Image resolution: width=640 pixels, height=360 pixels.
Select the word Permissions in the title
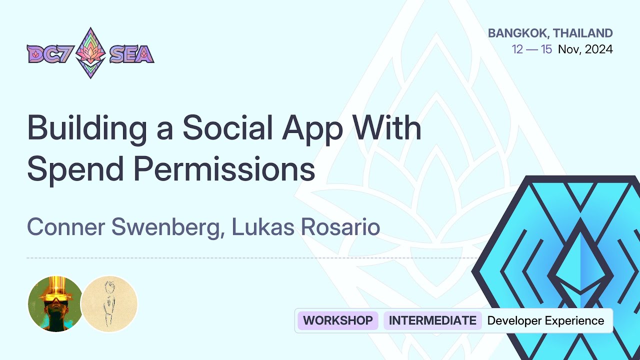coord(225,170)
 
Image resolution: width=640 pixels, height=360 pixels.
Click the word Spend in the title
coord(75,170)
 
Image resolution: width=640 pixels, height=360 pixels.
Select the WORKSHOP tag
coord(338,320)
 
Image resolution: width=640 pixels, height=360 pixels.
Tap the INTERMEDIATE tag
coord(432,320)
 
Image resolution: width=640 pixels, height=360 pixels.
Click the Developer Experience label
coord(545,320)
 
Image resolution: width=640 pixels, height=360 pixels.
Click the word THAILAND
coord(583,33)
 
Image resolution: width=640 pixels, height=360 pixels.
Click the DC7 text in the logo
coord(49,53)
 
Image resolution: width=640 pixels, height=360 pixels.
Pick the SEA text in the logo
coord(131,53)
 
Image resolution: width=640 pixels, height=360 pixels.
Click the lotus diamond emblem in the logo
coord(90,53)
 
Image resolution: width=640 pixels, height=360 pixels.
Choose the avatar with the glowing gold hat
coord(55,303)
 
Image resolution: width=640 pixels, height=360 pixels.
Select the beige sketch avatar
coord(109,303)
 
